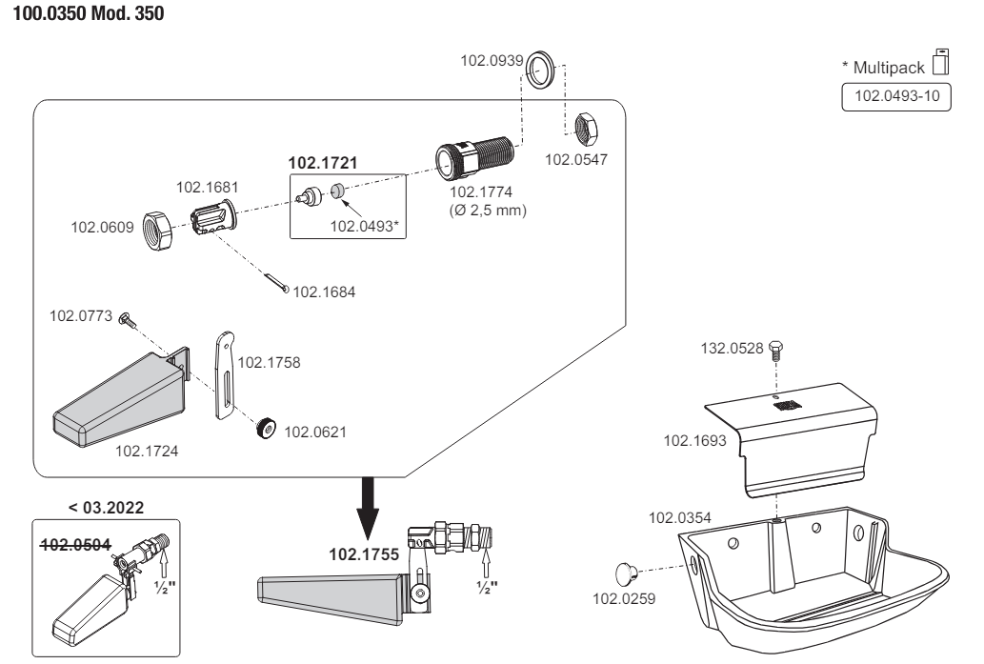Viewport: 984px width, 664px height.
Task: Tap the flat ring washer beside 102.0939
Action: point(542,69)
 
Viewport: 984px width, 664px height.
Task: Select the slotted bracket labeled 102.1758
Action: point(224,375)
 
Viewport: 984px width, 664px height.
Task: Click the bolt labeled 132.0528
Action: point(774,349)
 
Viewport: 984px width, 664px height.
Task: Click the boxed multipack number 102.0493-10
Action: point(897,97)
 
